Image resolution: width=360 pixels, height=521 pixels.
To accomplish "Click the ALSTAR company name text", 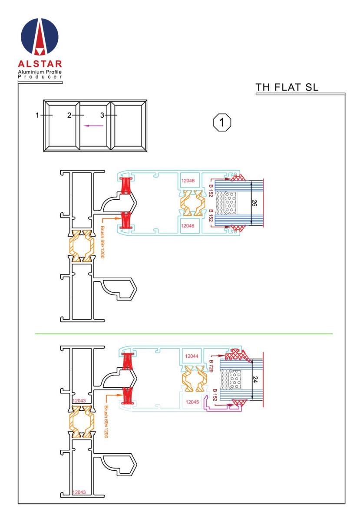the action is (40, 64).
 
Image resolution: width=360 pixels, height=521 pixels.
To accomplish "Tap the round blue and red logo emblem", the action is (40, 36).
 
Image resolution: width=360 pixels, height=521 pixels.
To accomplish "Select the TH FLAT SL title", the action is (287, 87).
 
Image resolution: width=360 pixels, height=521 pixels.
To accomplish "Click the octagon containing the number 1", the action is (222, 122).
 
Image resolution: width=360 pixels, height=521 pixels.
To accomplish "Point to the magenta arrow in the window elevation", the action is (93, 126).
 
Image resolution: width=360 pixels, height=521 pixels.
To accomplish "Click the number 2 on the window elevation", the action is (69, 115).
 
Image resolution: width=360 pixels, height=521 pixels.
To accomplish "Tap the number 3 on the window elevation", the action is (102, 115).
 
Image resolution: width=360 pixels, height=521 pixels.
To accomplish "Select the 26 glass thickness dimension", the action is (254, 203).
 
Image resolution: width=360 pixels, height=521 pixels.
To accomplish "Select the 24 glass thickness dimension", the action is (255, 379).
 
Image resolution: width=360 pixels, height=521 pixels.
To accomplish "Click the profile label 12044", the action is (192, 356).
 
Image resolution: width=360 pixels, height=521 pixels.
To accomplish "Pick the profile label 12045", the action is (192, 402).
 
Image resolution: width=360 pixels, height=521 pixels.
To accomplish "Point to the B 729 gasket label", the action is (211, 366).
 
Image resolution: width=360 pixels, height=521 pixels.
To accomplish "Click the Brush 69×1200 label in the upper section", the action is (102, 242).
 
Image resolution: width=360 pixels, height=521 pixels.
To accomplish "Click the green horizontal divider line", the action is (184, 334).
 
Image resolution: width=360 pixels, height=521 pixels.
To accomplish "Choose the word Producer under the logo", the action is (40, 77).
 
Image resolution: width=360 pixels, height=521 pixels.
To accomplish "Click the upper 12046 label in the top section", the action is (188, 181).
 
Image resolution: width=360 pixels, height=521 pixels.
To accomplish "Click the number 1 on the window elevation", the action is (37, 115).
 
